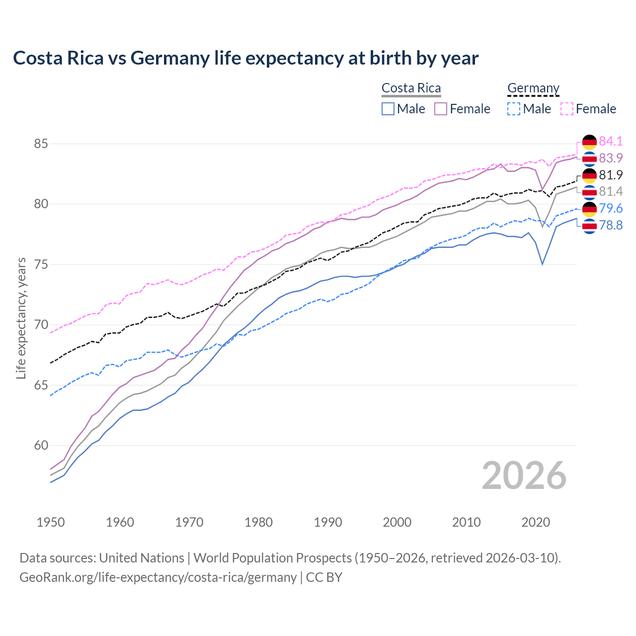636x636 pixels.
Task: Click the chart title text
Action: coord(245,58)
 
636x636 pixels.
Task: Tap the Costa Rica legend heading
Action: coord(411,88)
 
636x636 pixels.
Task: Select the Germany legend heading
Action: coord(533,88)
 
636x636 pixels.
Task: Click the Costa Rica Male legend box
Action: coord(388,109)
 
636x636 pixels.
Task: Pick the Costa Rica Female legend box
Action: coord(441,109)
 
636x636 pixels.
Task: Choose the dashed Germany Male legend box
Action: coord(514,109)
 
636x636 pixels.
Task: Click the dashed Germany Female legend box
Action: coord(567,109)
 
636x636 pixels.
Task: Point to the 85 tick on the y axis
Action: coord(41,144)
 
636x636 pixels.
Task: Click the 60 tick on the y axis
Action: coord(41,446)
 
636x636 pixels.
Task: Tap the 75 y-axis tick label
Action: coord(41,265)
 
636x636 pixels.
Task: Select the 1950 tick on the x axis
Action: coord(51,522)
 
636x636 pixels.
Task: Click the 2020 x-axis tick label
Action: coord(536,522)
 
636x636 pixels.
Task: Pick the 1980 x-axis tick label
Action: coord(258,522)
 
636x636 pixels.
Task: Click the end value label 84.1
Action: coord(611,141)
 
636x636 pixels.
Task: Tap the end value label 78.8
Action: coord(611,226)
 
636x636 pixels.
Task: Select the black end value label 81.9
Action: coord(611,175)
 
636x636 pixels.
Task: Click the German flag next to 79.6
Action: coord(589,209)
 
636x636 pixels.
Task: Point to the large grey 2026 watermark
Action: coord(524,476)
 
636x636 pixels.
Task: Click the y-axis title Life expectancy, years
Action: coord(21,318)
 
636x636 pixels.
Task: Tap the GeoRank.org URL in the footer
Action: coord(158,577)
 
